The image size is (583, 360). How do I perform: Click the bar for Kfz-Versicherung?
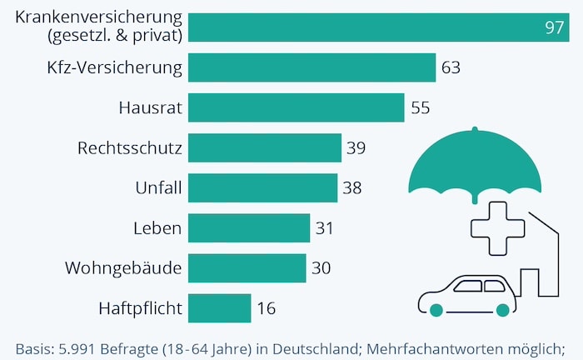click(312, 68)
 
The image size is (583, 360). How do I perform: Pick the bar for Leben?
click(249, 227)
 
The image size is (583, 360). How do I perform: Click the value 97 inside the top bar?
click(555, 27)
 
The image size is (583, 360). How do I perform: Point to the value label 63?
click(451, 68)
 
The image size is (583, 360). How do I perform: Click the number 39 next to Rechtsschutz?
click(356, 148)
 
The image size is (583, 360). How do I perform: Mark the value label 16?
click(266, 308)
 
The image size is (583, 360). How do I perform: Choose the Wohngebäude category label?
click(123, 268)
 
